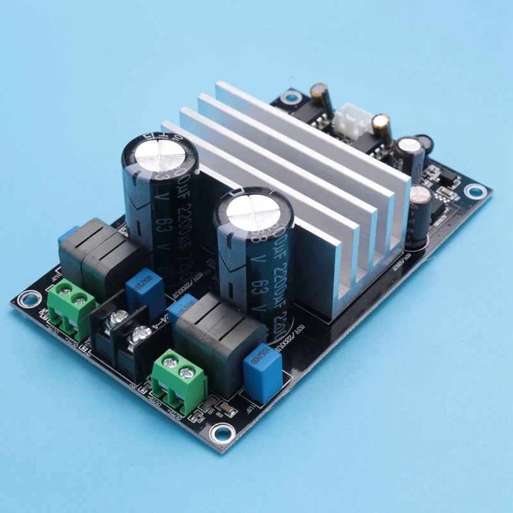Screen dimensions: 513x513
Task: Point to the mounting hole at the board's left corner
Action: click(27, 299)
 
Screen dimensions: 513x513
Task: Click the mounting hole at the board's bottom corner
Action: click(220, 433)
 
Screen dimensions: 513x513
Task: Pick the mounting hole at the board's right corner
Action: click(475, 190)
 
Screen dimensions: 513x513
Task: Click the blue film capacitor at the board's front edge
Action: click(263, 365)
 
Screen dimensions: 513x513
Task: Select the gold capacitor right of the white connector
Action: click(382, 127)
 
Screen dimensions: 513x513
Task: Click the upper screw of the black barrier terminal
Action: click(117, 318)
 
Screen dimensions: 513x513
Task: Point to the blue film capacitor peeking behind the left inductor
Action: click(67, 234)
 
